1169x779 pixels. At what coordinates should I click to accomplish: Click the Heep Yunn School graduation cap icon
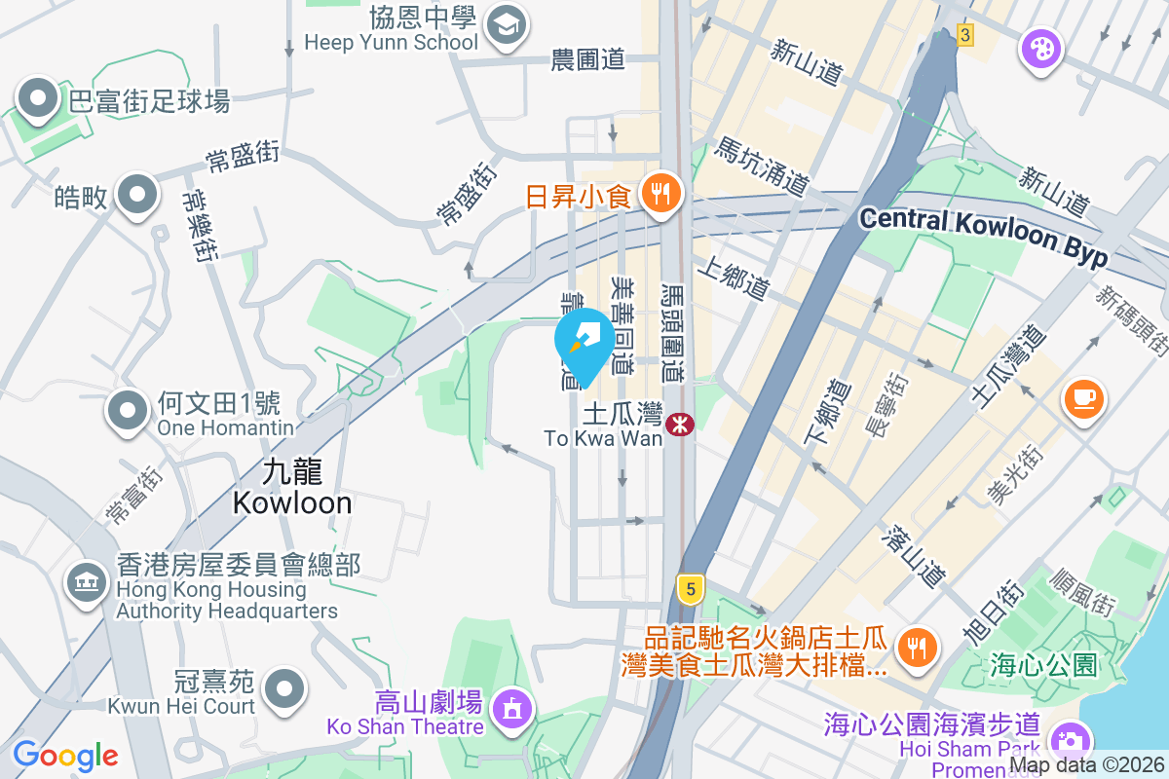click(506, 23)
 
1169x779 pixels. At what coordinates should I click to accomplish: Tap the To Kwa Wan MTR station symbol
click(679, 424)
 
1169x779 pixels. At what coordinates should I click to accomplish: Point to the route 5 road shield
click(690, 588)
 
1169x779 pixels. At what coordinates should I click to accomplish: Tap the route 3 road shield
click(964, 35)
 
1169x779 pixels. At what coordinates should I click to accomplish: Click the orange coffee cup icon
click(1084, 398)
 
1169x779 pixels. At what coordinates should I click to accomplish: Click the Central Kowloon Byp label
click(984, 235)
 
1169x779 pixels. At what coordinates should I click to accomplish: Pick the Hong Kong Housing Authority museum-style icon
click(86, 583)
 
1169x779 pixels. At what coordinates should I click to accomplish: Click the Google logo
click(65, 755)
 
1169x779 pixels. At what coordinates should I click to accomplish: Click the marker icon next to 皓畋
click(136, 196)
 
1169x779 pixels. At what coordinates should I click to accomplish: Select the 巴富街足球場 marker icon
click(39, 98)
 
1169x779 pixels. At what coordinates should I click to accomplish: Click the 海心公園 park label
click(1043, 666)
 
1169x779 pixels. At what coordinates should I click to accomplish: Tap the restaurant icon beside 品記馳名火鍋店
click(915, 644)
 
